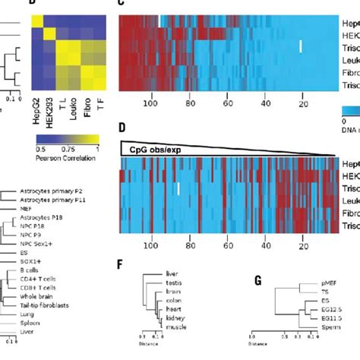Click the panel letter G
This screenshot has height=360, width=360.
pyautogui.click(x=258, y=281)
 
